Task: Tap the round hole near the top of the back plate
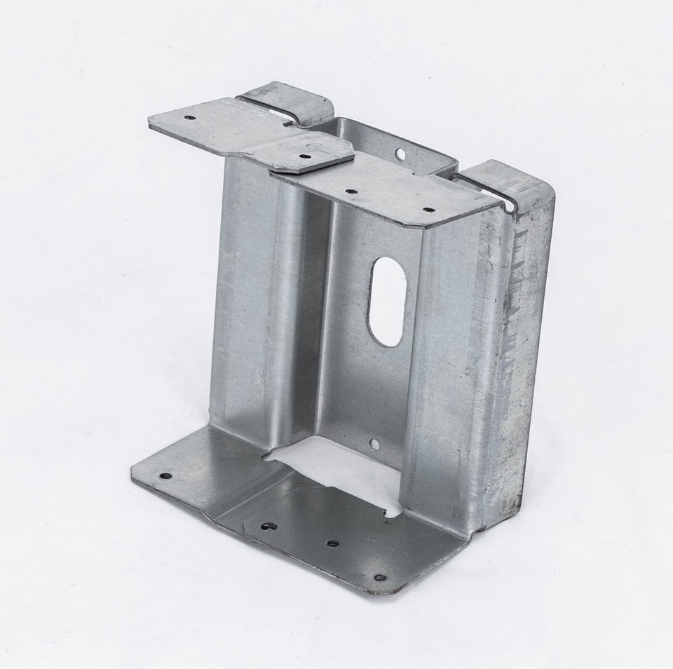click(x=400, y=152)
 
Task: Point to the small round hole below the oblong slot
click(x=374, y=444)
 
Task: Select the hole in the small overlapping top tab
click(x=304, y=157)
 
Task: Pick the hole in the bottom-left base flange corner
click(x=165, y=475)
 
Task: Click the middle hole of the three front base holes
click(x=332, y=543)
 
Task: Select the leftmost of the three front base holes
click(x=267, y=526)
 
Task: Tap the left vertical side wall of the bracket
click(x=242, y=302)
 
